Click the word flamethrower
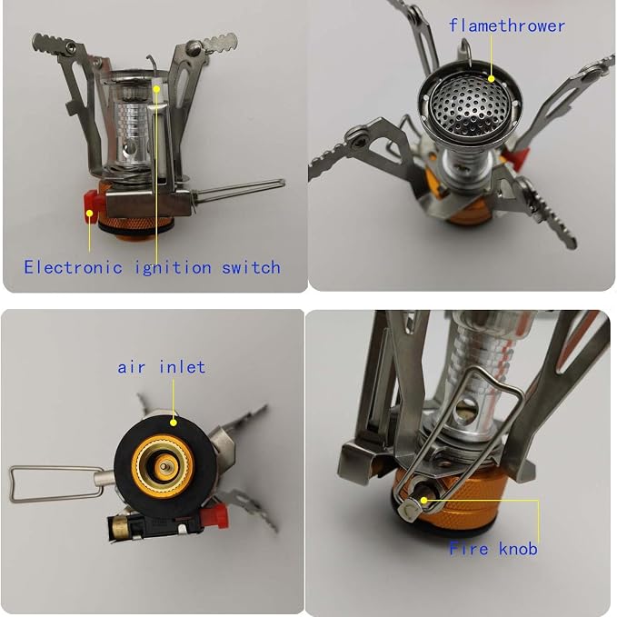pos(507,26)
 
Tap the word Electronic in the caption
pos(73,267)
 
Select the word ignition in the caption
pos(174,268)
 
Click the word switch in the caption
pos(251,267)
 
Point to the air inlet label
pos(162,367)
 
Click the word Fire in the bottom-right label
pos(469,548)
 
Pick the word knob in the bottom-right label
pos(518,548)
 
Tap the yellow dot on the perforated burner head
pos(491,79)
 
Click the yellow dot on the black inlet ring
pos(174,423)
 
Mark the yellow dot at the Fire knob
pos(423,501)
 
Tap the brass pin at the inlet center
pos(164,467)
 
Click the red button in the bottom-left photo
pos(214,516)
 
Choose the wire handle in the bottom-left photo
pos(58,484)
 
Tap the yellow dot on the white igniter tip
pos(156,89)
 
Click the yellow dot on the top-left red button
pos(90,214)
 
